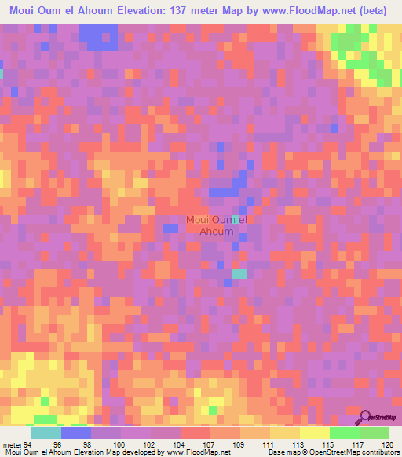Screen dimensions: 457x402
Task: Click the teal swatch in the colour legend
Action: click(46, 433)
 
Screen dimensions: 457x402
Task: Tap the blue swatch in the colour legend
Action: click(76, 433)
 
